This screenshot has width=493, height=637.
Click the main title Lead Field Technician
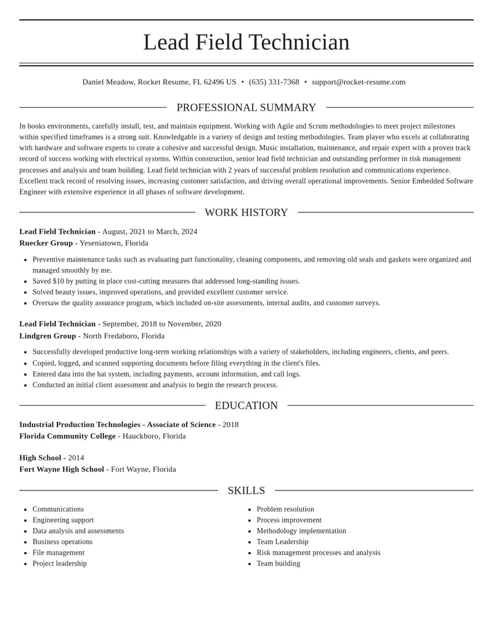click(x=246, y=42)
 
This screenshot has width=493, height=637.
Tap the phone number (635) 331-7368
click(x=274, y=82)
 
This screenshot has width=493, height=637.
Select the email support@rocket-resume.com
click(x=359, y=82)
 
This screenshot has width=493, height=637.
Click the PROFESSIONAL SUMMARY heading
click(x=246, y=108)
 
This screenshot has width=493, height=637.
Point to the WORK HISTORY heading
click(x=246, y=212)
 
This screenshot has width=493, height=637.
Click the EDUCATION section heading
click(x=246, y=406)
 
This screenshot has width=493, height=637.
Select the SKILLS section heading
click(x=246, y=491)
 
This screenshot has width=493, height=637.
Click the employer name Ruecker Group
click(x=46, y=243)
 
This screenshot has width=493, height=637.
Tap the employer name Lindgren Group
click(x=47, y=336)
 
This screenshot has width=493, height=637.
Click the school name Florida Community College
click(x=67, y=436)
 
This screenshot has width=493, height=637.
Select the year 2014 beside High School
click(x=76, y=458)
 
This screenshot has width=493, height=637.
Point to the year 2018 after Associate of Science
click(x=230, y=425)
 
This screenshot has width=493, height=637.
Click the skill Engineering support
click(x=63, y=520)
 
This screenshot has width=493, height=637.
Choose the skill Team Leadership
click(x=282, y=542)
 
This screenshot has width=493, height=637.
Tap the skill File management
click(x=59, y=553)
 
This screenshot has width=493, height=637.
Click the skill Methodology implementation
click(x=301, y=531)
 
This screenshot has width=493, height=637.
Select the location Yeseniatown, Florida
click(x=114, y=243)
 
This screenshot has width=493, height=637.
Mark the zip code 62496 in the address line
click(x=214, y=82)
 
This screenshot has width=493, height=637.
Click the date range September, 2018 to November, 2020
click(x=161, y=324)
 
